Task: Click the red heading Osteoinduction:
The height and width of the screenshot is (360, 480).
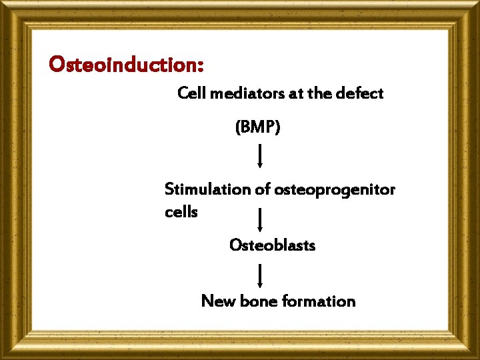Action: pos(126,65)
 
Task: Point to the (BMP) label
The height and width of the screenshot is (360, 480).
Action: pos(258,127)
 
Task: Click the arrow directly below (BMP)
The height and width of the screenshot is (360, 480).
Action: pos(259,156)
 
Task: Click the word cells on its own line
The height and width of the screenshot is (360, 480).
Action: pos(181,212)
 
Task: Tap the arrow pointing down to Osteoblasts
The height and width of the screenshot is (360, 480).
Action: pos(259,220)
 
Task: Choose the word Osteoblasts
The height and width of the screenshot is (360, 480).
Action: pos(272,245)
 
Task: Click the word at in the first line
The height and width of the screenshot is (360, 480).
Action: pos(296,93)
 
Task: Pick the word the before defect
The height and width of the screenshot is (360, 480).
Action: pos(320,93)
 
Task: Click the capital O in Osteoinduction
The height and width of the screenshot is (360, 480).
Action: pos(57,65)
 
